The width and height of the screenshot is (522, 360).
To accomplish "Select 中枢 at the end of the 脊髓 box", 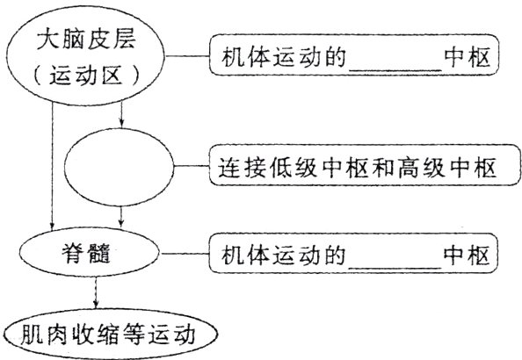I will point(470,256).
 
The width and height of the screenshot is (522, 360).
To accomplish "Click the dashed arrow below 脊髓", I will point(95,294).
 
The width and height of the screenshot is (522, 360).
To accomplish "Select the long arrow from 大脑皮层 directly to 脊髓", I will point(54,167).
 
